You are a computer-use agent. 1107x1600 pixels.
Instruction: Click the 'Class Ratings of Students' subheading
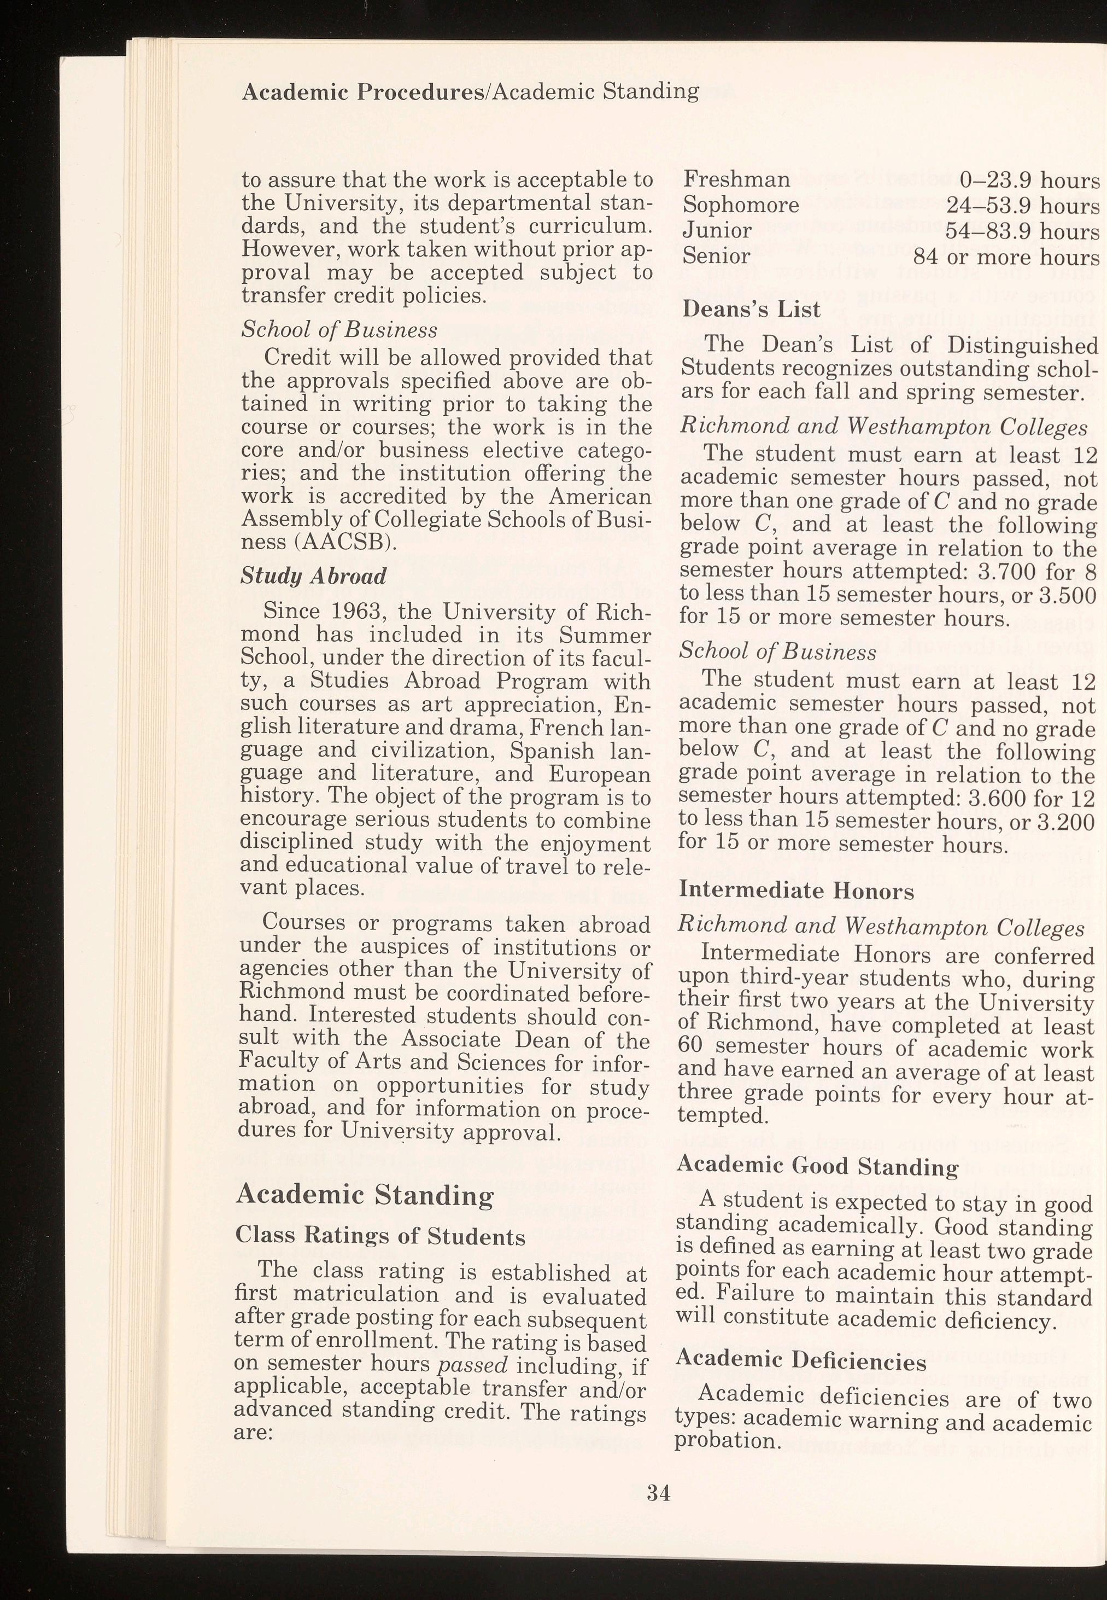click(x=380, y=1236)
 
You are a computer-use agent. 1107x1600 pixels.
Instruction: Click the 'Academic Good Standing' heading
click(x=817, y=1166)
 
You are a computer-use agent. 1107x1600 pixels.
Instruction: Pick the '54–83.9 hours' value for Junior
click(x=1023, y=231)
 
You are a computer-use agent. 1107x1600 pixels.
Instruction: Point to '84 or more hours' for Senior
click(x=1006, y=258)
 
